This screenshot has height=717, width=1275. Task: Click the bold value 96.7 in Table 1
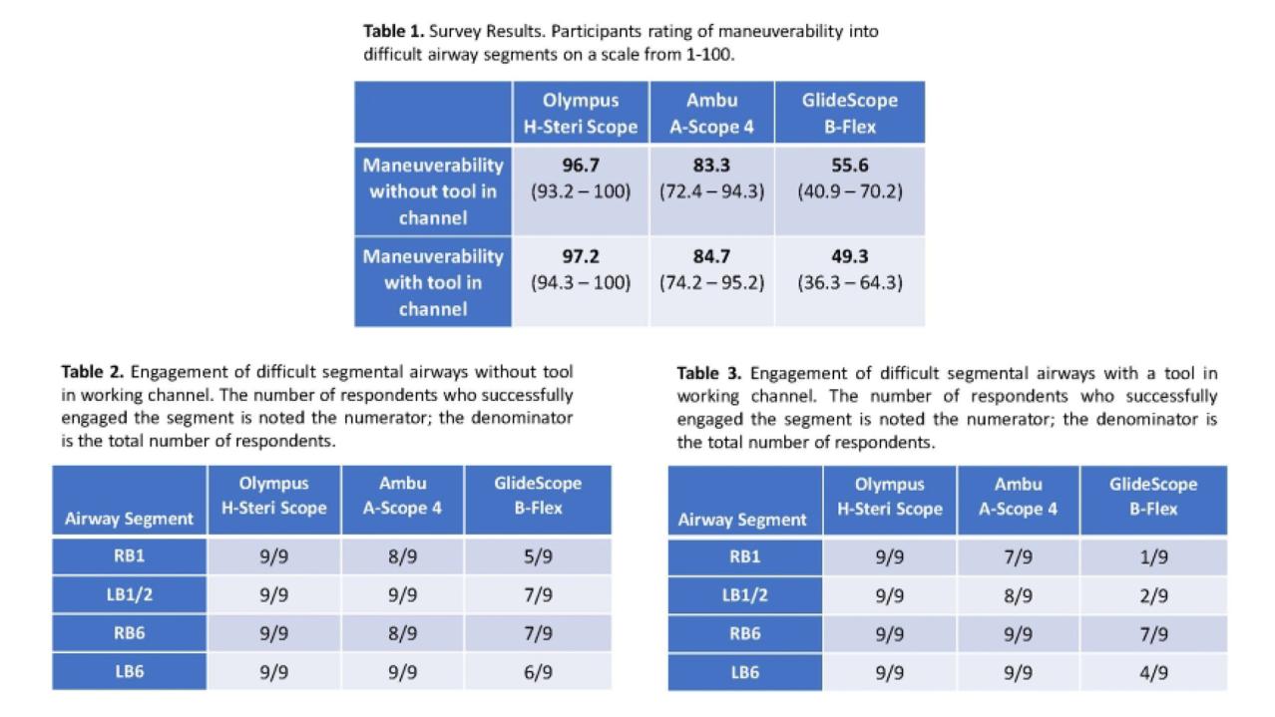point(581,165)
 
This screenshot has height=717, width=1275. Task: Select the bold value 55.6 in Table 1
point(849,165)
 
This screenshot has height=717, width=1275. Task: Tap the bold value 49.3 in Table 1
point(849,256)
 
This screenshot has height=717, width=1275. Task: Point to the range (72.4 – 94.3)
point(711,190)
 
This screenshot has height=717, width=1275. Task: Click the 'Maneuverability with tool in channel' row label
point(433,282)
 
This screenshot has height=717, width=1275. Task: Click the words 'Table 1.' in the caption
point(394,31)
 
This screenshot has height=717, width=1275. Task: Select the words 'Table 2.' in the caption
point(93,373)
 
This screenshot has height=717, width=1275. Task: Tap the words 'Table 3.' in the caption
point(709,374)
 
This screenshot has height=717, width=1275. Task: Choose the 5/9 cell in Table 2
point(538,556)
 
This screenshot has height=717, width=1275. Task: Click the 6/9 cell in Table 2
point(538,672)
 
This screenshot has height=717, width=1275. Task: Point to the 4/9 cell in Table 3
point(1153,673)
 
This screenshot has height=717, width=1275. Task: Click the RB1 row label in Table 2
point(130,555)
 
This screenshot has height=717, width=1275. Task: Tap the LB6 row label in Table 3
point(744,672)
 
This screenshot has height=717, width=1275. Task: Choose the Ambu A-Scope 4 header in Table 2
point(402,496)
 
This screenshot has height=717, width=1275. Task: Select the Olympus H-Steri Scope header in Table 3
point(889,497)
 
